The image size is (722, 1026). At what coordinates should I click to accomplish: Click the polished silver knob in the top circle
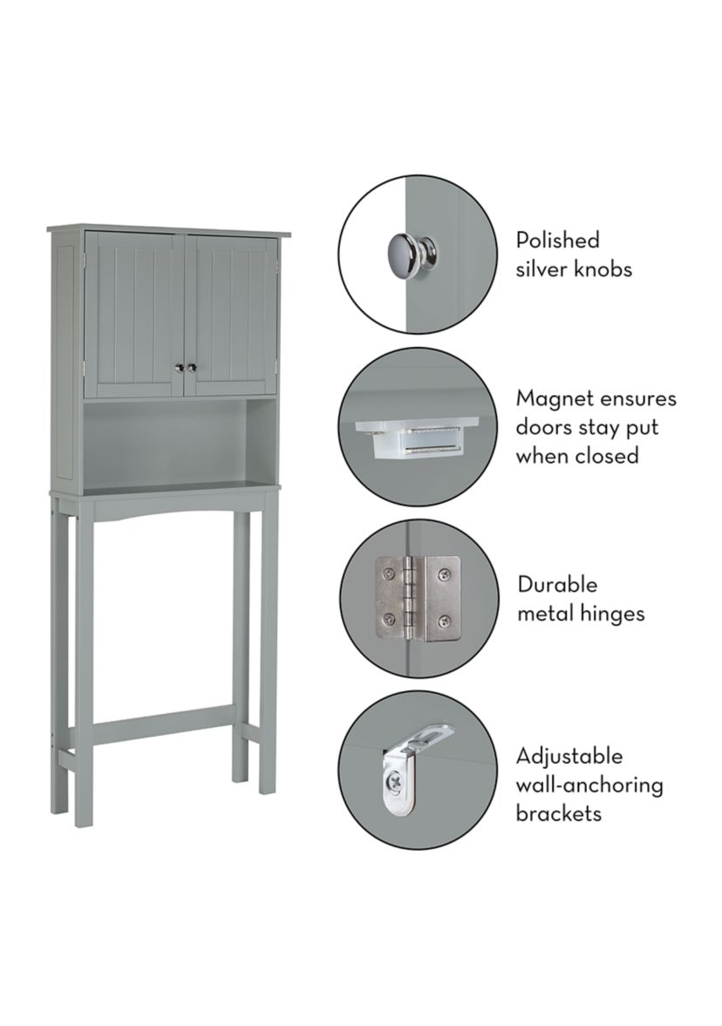[x=413, y=252]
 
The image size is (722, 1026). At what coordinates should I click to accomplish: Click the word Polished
[x=557, y=240]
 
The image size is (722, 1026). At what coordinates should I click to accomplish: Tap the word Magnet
[x=553, y=399]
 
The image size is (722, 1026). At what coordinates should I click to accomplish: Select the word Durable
[x=557, y=584]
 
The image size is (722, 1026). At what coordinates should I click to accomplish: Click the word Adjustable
[x=569, y=757]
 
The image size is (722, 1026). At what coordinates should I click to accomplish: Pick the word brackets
[x=558, y=813]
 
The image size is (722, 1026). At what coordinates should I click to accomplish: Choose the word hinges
[x=613, y=614]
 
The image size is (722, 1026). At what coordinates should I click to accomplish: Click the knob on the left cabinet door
[x=177, y=368]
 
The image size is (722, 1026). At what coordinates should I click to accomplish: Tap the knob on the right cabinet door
[x=191, y=368]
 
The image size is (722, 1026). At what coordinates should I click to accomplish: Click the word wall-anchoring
[x=589, y=785]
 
